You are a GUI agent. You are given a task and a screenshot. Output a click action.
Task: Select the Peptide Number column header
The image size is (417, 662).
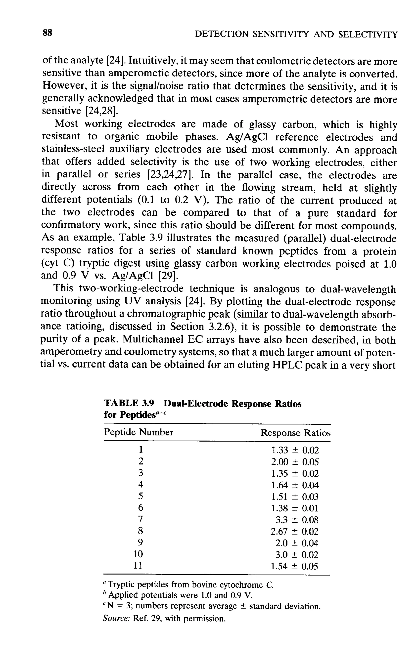click(x=139, y=432)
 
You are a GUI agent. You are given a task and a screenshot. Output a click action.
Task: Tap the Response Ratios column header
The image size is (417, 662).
click(x=295, y=433)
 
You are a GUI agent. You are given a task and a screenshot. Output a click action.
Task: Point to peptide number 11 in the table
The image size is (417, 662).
click(x=137, y=566)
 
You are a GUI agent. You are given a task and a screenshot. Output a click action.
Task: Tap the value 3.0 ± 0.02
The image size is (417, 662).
click(x=297, y=555)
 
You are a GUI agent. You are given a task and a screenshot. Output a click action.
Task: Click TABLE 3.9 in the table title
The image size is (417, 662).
click(x=129, y=404)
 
